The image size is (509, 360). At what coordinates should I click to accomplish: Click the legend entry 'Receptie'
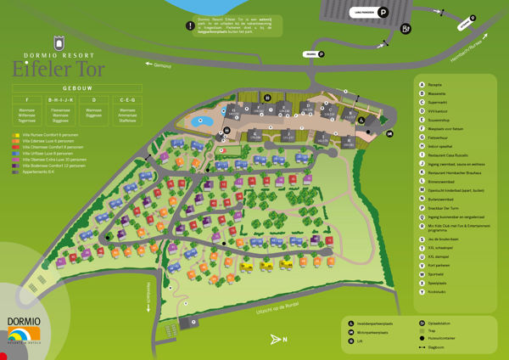tap(435, 84)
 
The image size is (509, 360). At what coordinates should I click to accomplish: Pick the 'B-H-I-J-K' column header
tap(60, 100)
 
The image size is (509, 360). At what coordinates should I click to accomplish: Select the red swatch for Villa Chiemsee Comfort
tap(16, 147)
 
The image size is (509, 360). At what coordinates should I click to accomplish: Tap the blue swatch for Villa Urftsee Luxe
tap(16, 153)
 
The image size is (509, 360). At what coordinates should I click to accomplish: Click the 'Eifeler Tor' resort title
tap(59, 69)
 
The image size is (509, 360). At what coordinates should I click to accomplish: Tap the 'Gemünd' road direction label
tap(159, 65)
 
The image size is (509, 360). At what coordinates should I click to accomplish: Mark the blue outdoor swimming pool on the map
tap(204, 121)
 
